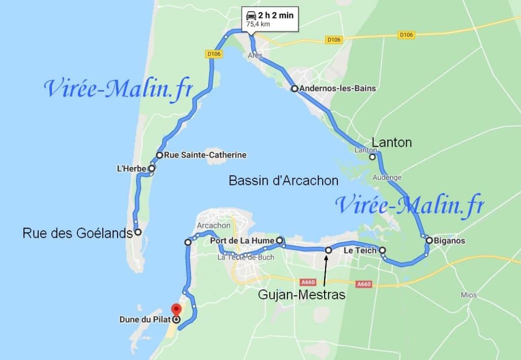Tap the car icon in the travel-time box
(x=251, y=15)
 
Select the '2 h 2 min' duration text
(x=276, y=15)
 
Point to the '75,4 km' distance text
(x=258, y=23)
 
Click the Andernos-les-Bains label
(x=338, y=89)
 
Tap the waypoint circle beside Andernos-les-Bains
(x=294, y=89)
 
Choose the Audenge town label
(x=387, y=178)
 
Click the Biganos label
(x=449, y=240)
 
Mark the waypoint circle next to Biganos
(x=429, y=240)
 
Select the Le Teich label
(x=360, y=251)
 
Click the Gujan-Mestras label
(x=301, y=294)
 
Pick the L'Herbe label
(x=132, y=169)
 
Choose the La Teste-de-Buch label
(x=246, y=257)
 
